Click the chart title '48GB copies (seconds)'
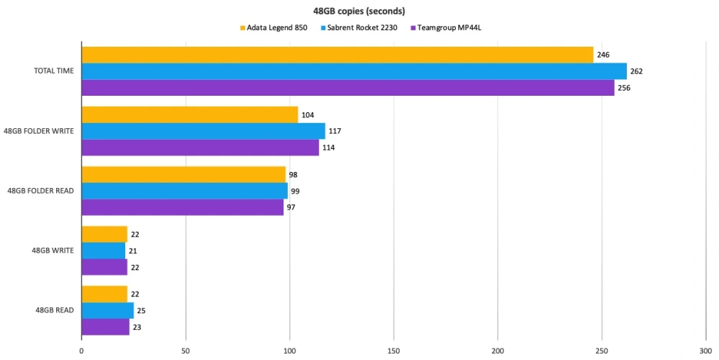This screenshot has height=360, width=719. click(359, 11)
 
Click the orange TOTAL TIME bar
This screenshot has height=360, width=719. click(337, 55)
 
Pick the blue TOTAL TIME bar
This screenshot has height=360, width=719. click(353, 71)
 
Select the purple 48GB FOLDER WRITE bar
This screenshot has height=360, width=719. click(200, 148)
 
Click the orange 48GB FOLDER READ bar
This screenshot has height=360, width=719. click(184, 175)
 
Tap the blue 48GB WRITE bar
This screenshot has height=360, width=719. click(103, 251)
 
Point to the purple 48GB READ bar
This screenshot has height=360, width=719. click(105, 327)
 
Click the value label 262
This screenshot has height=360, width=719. click(636, 71)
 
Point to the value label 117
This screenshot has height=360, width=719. click(335, 131)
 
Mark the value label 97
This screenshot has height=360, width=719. click(291, 207)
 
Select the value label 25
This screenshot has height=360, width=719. click(141, 311)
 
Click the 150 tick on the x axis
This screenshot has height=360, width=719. click(393, 351)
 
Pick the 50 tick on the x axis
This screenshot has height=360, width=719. click(185, 351)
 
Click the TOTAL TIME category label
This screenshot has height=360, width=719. click(53, 71)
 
